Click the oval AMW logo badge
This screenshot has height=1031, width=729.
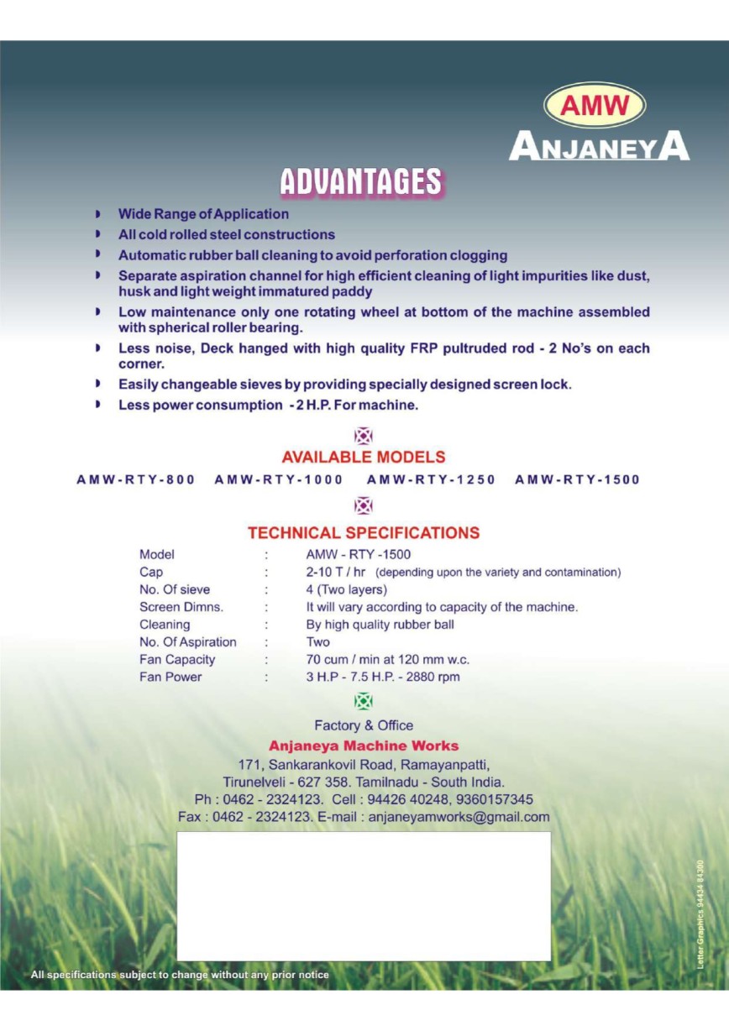[595, 105]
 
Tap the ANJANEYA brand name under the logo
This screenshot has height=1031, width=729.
[599, 148]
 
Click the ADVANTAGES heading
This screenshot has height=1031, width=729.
[361, 182]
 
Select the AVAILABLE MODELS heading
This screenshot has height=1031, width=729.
[364, 458]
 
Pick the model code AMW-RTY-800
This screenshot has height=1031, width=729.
[136, 479]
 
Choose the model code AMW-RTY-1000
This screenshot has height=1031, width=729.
[279, 479]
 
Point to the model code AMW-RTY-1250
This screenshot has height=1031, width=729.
[432, 479]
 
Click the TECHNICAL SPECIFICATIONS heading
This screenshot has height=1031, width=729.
[364, 533]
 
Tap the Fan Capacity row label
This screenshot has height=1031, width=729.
[177, 660]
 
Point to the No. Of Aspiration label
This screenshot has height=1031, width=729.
[188, 642]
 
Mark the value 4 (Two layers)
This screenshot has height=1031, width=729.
[347, 589]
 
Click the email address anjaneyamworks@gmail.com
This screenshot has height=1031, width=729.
[459, 817]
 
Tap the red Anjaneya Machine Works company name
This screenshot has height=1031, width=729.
[364, 746]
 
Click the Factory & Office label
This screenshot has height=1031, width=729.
[364, 725]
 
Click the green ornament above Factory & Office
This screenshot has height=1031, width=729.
[364, 701]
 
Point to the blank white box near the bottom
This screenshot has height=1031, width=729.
[364, 896]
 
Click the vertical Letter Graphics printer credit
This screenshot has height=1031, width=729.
[700, 915]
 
